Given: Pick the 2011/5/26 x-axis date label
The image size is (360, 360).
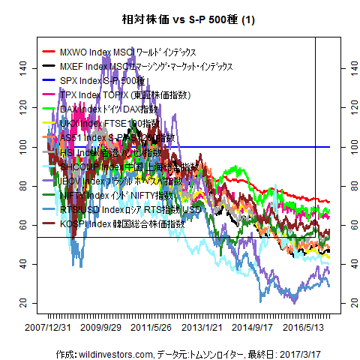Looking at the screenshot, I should tap(162, 328).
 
